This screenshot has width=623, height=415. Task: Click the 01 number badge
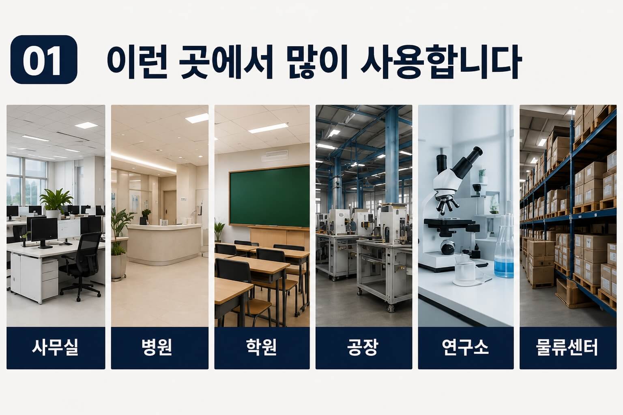pyautogui.click(x=44, y=60)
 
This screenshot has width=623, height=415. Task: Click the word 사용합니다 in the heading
pyautogui.click(x=441, y=62)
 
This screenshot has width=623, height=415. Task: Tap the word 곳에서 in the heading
pyautogui.click(x=226, y=62)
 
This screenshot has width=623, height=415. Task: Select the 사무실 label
pyautogui.click(x=55, y=347)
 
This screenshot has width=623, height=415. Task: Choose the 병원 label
pyautogui.click(x=157, y=347)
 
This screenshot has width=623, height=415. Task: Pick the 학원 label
pyautogui.click(x=262, y=347)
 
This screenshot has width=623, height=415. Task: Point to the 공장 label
pyautogui.click(x=363, y=347)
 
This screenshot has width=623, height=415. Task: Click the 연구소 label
pyautogui.click(x=465, y=347)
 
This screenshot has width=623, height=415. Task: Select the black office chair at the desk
pyautogui.click(x=81, y=265)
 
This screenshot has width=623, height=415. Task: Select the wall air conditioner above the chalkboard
pyautogui.click(x=275, y=155)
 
